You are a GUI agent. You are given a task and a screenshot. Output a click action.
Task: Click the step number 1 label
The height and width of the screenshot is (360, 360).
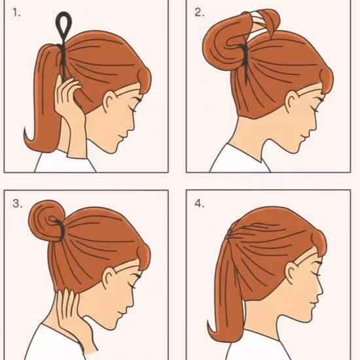(x=16, y=13)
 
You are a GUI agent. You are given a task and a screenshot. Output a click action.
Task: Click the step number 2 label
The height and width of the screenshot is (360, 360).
(x=199, y=13)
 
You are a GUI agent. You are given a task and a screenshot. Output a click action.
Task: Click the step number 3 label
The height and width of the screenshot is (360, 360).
(x=18, y=204)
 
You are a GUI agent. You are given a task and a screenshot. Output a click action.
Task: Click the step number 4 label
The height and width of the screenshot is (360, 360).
(x=199, y=204)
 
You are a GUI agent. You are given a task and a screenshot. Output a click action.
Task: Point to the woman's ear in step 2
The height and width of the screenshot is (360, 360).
(x=292, y=101)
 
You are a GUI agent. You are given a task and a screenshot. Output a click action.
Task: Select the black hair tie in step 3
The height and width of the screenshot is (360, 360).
(x=60, y=230)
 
